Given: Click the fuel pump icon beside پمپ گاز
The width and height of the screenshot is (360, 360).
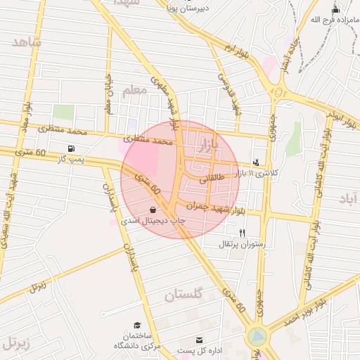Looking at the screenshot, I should coord(71,148).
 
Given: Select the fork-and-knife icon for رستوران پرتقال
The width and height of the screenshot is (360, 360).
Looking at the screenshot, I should coord(243,233).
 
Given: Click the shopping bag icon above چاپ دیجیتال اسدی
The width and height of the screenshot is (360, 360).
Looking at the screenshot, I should coord(153,210).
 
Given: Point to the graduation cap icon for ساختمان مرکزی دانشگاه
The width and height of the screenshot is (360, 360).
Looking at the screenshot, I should coord(137,325).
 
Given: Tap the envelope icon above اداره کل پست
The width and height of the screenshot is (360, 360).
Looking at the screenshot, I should coord(200,340).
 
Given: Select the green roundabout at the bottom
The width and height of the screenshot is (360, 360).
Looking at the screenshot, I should coord(257,337).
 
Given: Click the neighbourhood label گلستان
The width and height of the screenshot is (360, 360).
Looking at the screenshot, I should coord(183,295).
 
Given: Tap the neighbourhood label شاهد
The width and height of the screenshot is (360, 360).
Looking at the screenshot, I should coord(27,42).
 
